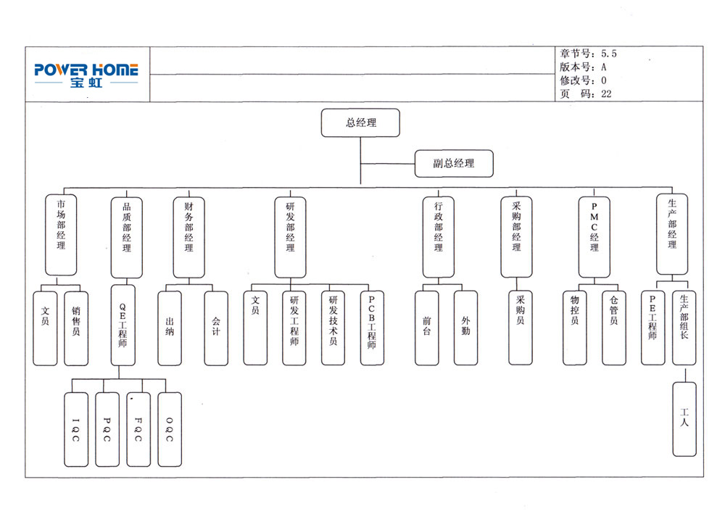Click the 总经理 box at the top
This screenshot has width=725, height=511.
point(360,122)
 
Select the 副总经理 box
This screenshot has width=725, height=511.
point(454,163)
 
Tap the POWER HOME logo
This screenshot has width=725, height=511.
point(86,74)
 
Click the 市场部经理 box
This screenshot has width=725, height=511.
point(61,234)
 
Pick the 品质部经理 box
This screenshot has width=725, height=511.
point(127,236)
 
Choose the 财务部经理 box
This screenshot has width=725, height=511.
point(188,236)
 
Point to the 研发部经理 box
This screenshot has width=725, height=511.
point(290,236)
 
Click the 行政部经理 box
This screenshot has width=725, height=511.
point(439,236)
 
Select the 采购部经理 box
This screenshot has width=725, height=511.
point(516,236)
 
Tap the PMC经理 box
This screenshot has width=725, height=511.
point(594,236)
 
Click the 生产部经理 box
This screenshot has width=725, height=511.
point(672,234)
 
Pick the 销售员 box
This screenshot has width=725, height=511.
point(76,328)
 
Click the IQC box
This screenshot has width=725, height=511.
point(75,429)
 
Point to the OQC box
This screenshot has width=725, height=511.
point(170,429)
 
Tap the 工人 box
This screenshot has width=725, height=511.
point(684,419)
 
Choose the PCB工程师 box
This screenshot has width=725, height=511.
point(372,328)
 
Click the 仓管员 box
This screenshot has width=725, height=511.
point(613,328)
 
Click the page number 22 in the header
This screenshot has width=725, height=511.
point(606,94)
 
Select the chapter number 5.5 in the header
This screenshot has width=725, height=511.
point(609,54)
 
